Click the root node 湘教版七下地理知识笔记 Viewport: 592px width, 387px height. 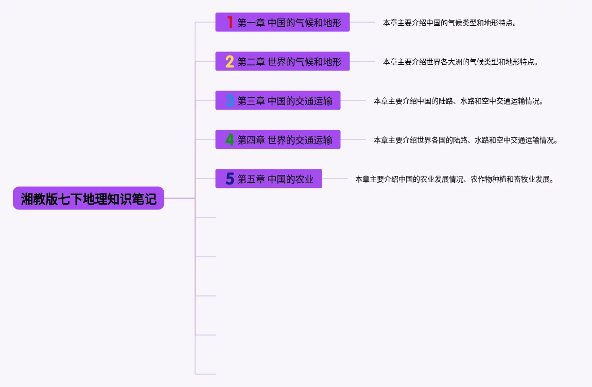point(88,198)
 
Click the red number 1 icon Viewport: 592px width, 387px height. point(230,22)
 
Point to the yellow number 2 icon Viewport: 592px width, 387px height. point(230,61)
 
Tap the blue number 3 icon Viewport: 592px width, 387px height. point(230,100)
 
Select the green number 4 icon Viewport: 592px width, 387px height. point(230,139)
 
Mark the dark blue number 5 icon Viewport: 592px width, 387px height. point(230,179)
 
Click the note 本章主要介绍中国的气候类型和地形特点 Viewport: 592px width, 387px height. point(449,23)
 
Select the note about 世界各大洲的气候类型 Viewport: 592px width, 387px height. point(460,62)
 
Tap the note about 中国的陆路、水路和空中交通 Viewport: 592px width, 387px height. point(458,101)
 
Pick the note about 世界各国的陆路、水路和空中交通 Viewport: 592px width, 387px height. point(465,140)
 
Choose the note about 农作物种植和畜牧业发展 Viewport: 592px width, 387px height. point(455,179)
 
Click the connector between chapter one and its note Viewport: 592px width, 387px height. point(362,22)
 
